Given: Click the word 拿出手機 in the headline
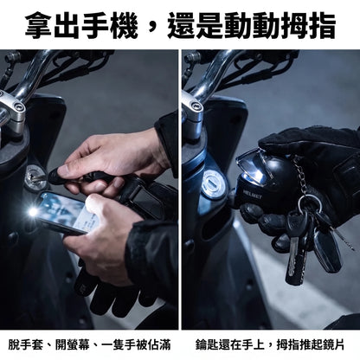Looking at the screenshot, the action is click(x=81, y=26).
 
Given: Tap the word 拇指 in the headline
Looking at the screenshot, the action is click(x=307, y=26).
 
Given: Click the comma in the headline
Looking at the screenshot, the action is click(x=152, y=28).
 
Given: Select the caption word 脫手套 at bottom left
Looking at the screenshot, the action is click(x=26, y=344).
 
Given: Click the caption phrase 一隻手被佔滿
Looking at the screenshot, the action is click(x=136, y=344).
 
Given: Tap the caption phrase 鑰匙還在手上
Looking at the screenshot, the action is click(x=230, y=344).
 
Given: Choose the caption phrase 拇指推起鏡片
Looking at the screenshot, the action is click(x=311, y=344).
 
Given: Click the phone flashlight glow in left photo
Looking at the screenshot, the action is click(x=33, y=212).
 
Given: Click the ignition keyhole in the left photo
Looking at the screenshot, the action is click(x=35, y=177).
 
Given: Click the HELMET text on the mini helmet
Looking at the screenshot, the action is click(x=253, y=195).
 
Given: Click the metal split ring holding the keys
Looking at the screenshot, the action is click(x=311, y=202).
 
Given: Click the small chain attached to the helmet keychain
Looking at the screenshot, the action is click(x=300, y=175).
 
